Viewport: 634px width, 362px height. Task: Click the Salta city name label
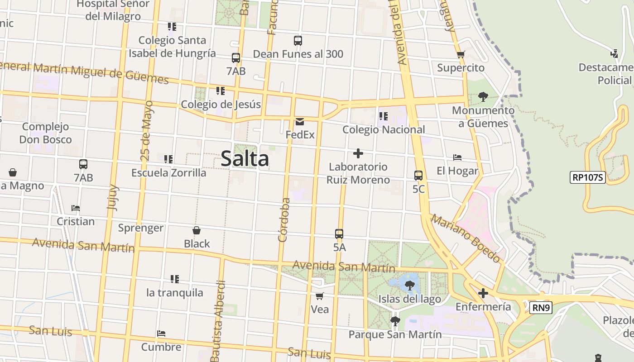pyautogui.click(x=245, y=159)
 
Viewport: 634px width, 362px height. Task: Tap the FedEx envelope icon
pyautogui.click(x=299, y=122)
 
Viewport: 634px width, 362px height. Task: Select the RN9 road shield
pyautogui.click(x=541, y=308)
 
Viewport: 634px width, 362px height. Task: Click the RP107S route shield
pyautogui.click(x=588, y=177)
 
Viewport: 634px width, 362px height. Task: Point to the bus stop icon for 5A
pyautogui.click(x=339, y=234)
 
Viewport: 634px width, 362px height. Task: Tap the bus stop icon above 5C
pyautogui.click(x=418, y=176)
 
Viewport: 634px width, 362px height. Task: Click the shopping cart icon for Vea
pyautogui.click(x=320, y=296)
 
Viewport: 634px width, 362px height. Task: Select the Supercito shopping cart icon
pyautogui.click(x=461, y=55)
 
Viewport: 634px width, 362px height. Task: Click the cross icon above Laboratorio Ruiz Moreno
pyautogui.click(x=358, y=153)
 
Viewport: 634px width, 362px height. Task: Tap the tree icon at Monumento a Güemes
pyautogui.click(x=483, y=96)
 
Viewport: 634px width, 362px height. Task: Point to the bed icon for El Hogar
pyautogui.click(x=457, y=157)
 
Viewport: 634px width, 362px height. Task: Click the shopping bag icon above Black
pyautogui.click(x=197, y=230)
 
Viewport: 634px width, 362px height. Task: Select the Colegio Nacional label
pyautogui.click(x=384, y=130)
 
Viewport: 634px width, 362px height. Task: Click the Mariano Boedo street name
pyautogui.click(x=466, y=238)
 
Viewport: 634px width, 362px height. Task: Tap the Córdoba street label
pyautogui.click(x=284, y=220)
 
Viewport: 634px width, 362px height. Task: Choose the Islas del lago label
pyautogui.click(x=409, y=299)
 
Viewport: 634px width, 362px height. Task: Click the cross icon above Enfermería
pyautogui.click(x=483, y=293)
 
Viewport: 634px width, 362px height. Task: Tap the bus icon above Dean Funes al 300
pyautogui.click(x=298, y=41)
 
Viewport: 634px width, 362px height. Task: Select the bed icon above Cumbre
pyautogui.click(x=161, y=333)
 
